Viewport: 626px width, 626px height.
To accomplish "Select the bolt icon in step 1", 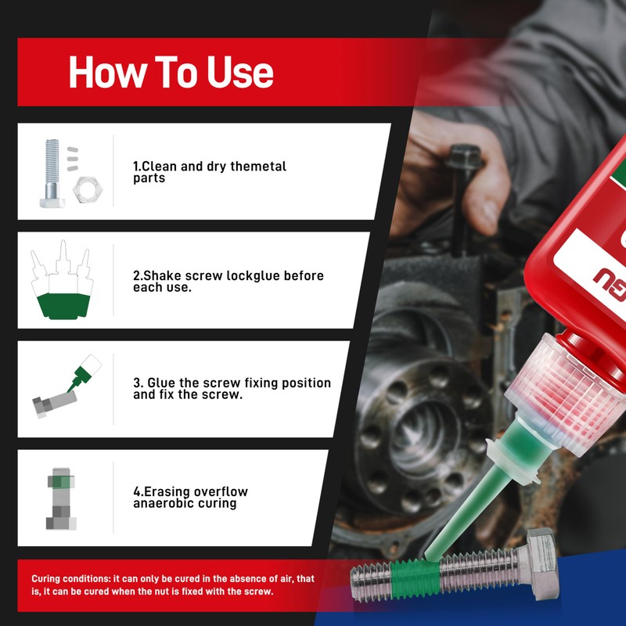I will tap(52, 173).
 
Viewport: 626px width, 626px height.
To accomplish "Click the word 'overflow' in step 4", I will tap(218, 491).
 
